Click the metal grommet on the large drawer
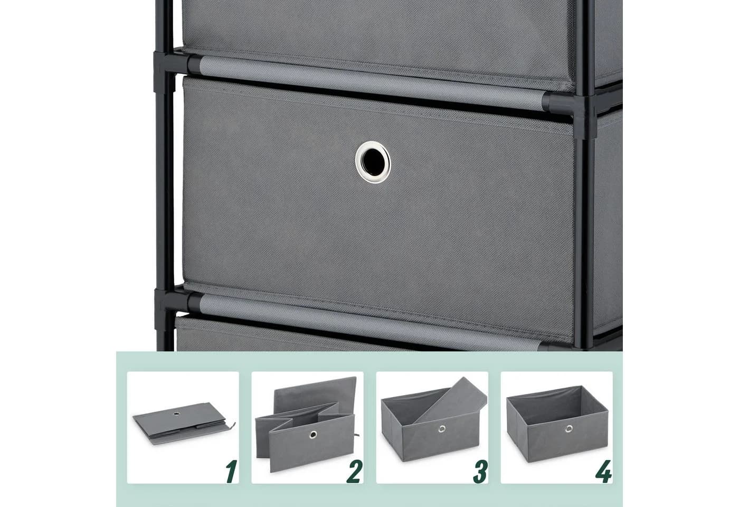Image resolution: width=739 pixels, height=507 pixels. tap(373, 162)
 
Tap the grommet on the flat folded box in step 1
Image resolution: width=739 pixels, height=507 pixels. tap(177, 413)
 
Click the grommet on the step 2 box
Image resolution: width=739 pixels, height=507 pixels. tap(312, 434)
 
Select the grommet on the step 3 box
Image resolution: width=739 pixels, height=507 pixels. tap(442, 429)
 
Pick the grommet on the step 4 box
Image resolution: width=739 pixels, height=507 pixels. tap(569, 429)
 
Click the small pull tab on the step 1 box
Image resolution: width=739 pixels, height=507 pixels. tap(233, 425)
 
